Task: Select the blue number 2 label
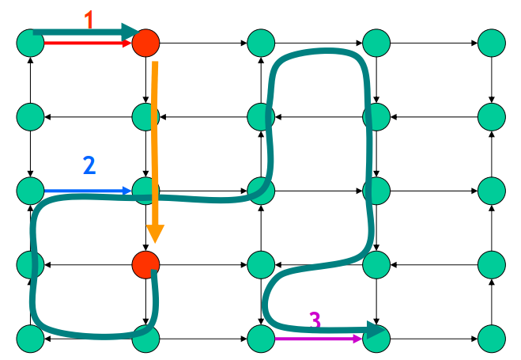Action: coord(89,165)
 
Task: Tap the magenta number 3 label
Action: coord(315,320)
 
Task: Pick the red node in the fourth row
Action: coord(145,263)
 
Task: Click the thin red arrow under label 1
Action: coord(87,44)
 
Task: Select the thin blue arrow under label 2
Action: coord(87,191)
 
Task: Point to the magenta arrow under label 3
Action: coord(316,339)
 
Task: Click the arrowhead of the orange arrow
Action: coord(155,234)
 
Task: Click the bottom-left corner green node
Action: coord(30,338)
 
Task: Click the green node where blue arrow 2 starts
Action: coord(30,191)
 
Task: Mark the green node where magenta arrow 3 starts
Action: coord(261,338)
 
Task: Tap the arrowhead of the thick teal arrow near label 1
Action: coord(131,32)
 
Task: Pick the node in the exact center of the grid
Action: coord(261,191)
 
